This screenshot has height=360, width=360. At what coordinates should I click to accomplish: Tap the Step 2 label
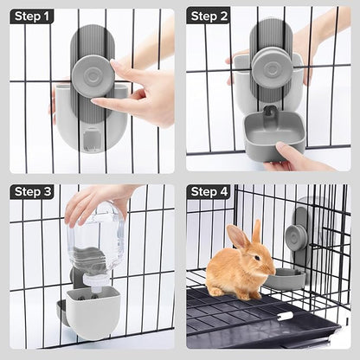click(x=210, y=16)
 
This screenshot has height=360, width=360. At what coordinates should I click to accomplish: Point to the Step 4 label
click(x=210, y=192)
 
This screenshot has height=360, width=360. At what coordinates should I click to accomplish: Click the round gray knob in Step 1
click(x=90, y=73)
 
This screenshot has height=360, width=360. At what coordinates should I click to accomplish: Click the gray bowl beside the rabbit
click(x=285, y=278)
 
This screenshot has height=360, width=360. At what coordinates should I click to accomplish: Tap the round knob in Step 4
click(x=298, y=235)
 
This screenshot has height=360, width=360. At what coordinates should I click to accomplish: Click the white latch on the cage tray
click(x=285, y=317)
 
